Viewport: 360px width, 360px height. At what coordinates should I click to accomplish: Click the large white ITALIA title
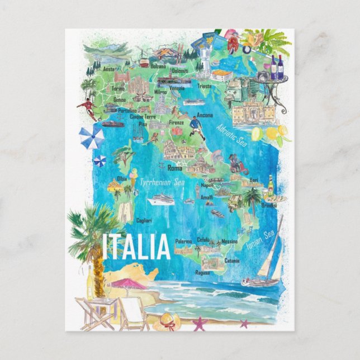[x=136, y=247]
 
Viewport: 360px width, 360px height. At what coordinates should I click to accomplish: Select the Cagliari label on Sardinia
[x=144, y=221]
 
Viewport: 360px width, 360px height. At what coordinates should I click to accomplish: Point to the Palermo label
[x=183, y=241]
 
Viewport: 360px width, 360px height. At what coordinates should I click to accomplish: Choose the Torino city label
[x=118, y=89]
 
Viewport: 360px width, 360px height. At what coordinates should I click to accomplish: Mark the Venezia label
[x=177, y=88]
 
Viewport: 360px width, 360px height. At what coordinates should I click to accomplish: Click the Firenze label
[x=176, y=122]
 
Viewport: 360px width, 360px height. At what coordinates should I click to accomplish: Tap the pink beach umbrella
[x=128, y=284]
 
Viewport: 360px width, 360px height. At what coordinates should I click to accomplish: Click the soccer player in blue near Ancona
[x=195, y=127]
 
